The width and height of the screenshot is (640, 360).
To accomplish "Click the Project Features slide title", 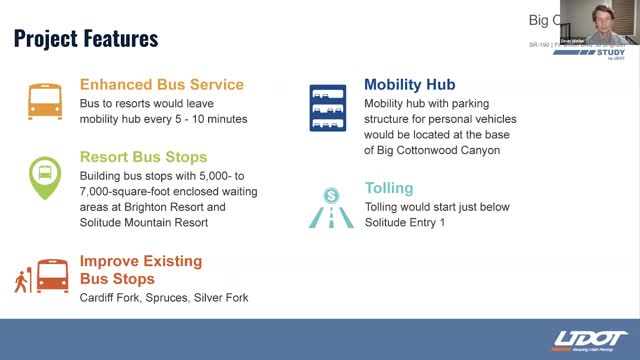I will pyautogui.click(x=86, y=39).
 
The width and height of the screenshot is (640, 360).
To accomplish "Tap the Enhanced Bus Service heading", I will pyautogui.click(x=161, y=84).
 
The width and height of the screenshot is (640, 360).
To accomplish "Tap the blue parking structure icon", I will pyautogui.click(x=326, y=110).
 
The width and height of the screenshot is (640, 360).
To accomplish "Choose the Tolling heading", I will pyautogui.click(x=389, y=188).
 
